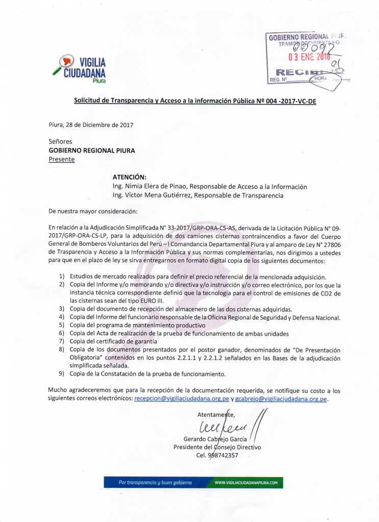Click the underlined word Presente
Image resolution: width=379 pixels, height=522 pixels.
coord(61,159)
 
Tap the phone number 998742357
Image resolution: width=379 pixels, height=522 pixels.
coord(220,455)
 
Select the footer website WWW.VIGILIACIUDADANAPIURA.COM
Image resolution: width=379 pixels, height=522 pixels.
coord(246,482)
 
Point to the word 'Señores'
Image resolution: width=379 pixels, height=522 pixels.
coord(60,141)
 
